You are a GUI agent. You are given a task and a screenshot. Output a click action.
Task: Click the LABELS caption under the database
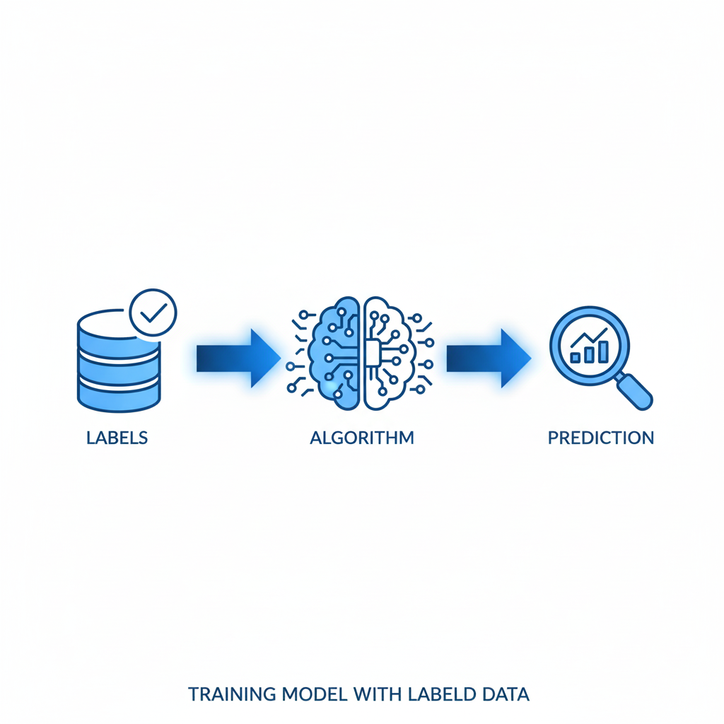tap(117, 438)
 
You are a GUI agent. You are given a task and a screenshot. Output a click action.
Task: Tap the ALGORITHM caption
tap(362, 438)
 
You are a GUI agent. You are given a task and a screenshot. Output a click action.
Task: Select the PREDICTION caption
tap(601, 438)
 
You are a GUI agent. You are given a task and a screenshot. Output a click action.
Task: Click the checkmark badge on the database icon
tap(153, 313)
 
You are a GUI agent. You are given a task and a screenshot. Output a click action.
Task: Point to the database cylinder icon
tap(119, 361)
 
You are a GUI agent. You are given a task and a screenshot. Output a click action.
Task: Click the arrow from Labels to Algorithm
tap(238, 358)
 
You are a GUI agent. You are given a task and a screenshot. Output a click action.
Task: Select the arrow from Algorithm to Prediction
tap(489, 358)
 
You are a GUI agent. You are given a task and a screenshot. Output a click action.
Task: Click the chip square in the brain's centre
tap(372, 354)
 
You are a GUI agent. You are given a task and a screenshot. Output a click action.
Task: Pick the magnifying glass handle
tap(634, 391)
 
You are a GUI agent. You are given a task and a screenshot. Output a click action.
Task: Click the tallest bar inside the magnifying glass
tap(603, 352)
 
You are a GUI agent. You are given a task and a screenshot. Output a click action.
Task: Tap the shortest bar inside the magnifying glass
tap(576, 357)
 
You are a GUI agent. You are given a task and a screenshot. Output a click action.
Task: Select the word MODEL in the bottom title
tap(315, 694)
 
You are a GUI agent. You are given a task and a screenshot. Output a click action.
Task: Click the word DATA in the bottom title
tap(506, 694)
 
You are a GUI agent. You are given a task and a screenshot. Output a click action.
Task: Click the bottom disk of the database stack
tap(119, 397)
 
